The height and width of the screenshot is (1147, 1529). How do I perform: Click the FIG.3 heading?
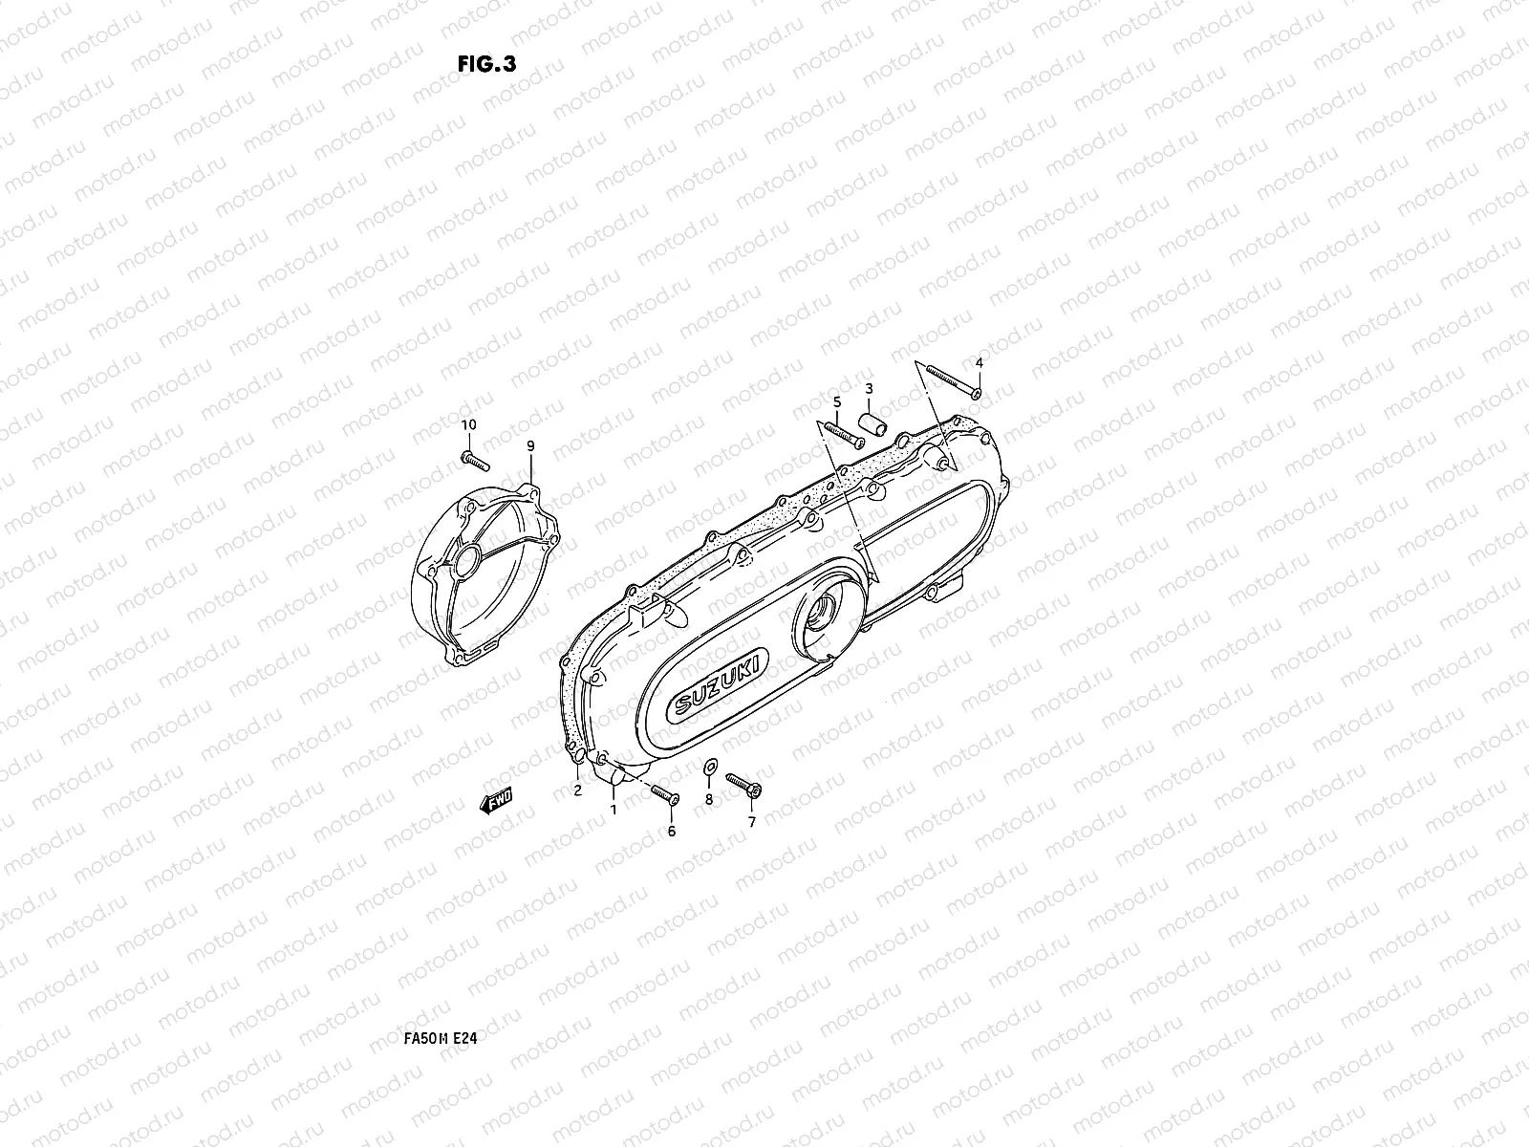point(487,64)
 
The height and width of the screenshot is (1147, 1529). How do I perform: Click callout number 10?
point(468,424)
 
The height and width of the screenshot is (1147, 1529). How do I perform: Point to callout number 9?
point(530,446)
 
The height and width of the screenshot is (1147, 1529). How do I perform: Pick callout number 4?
point(978,362)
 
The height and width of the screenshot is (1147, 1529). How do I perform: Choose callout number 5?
point(837,401)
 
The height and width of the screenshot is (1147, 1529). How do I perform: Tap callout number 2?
point(577,790)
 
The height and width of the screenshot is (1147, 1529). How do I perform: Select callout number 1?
point(614,809)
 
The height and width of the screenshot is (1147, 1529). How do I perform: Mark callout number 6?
point(671,832)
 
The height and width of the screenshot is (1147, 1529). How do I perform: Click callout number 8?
point(708,798)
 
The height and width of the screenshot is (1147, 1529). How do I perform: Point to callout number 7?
point(751,821)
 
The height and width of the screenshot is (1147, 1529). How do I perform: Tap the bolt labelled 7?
point(743,785)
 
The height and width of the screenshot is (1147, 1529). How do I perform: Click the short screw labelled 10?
point(475,460)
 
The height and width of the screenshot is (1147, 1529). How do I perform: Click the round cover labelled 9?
point(483,573)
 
